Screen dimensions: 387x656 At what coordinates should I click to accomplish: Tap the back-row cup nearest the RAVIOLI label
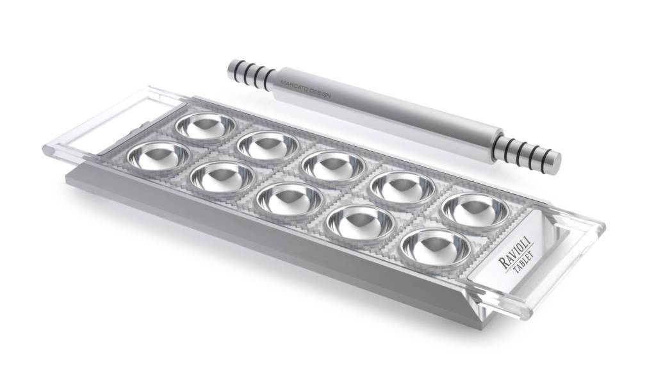475,209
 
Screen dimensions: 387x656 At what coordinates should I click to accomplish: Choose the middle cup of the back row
333,165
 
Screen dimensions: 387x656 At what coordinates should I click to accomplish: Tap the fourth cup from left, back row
403,186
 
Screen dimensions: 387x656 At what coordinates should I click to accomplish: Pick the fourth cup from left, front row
360,220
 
